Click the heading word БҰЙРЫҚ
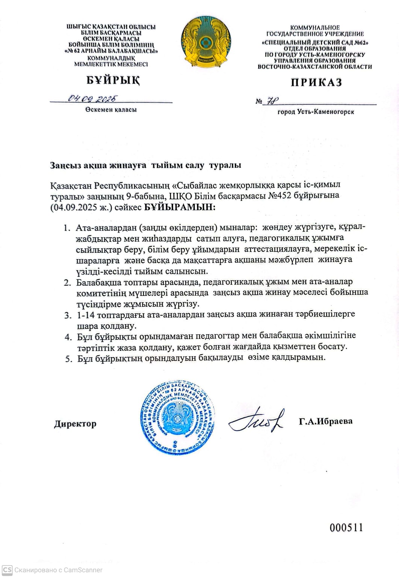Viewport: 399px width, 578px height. click(113, 80)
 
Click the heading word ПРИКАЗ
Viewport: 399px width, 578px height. click(316, 82)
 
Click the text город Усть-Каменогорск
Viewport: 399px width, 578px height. click(316, 112)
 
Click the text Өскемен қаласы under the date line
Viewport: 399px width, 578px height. click(111, 110)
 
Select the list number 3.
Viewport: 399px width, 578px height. click(67, 315)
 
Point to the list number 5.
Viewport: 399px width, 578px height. click(68, 359)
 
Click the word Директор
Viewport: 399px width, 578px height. click(75, 424)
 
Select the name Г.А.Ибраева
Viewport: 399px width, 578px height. click(326, 421)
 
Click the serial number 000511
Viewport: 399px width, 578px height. click(346, 527)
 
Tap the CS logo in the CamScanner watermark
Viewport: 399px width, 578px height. click(7, 569)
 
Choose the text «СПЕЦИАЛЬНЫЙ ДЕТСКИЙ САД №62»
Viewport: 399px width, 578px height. click(315, 43)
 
